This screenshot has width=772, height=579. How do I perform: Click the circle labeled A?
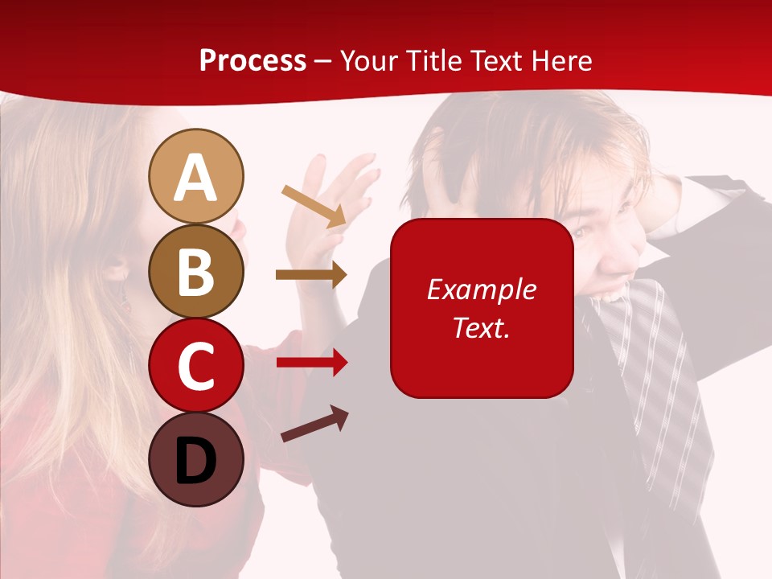pyautogui.click(x=195, y=176)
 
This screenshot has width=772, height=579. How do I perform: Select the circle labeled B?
pyautogui.click(x=195, y=271)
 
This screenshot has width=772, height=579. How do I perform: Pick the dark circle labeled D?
pyautogui.click(x=195, y=459)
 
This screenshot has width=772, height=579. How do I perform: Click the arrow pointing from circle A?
pyautogui.click(x=314, y=206)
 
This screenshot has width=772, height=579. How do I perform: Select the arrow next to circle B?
pyautogui.click(x=311, y=275)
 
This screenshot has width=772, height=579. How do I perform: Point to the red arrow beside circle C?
pyautogui.click(x=312, y=363)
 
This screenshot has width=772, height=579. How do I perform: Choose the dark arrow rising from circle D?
pyautogui.click(x=314, y=424)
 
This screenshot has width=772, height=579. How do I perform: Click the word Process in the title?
pyautogui.click(x=253, y=60)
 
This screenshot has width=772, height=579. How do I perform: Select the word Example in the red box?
pyautogui.click(x=481, y=289)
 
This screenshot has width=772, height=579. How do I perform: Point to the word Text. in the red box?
pyautogui.click(x=481, y=328)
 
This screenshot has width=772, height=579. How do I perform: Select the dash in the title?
pyautogui.click(x=323, y=61)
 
